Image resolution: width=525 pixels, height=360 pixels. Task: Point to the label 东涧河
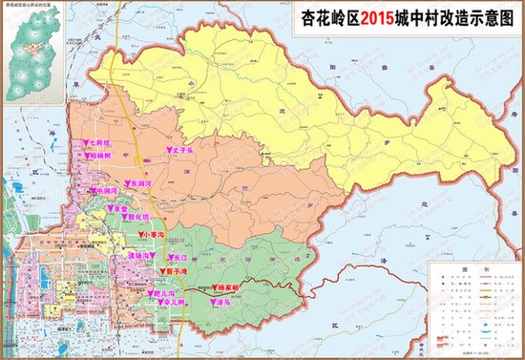point(141,182)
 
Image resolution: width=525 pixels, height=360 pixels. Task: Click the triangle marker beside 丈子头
point(167,150)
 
